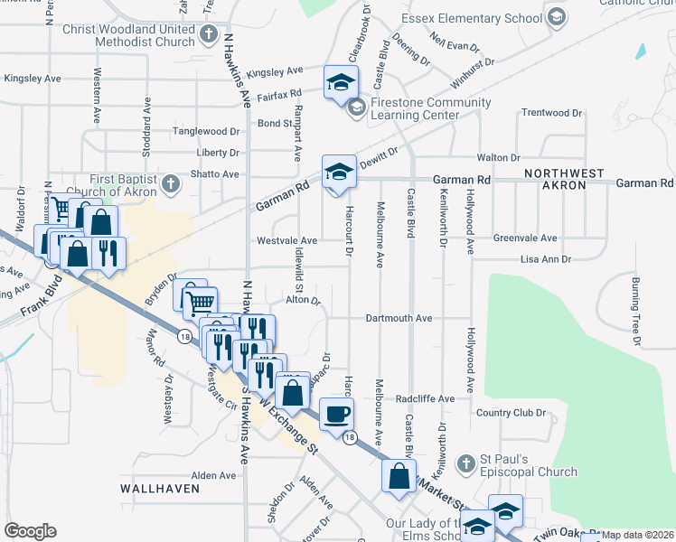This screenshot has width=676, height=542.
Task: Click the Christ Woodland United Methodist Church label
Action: pos(127,35)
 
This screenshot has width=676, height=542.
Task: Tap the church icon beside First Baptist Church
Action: pos(170,185)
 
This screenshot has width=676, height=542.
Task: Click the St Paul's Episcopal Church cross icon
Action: pos(465,463)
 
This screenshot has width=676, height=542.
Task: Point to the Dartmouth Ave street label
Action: pos(399,318)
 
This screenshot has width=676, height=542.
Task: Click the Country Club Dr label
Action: pos(512,413)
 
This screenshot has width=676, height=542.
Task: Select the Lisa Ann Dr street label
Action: pos(546,259)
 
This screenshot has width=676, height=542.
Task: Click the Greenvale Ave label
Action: pos(524,238)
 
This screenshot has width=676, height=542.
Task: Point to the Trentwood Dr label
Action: pos(552,113)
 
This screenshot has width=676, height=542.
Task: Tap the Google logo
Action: pos(30,531)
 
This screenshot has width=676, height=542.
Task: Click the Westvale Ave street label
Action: pos(286,241)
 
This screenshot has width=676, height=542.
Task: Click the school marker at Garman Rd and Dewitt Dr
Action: pos(338,171)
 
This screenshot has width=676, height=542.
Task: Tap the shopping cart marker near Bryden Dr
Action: pos(200,302)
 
